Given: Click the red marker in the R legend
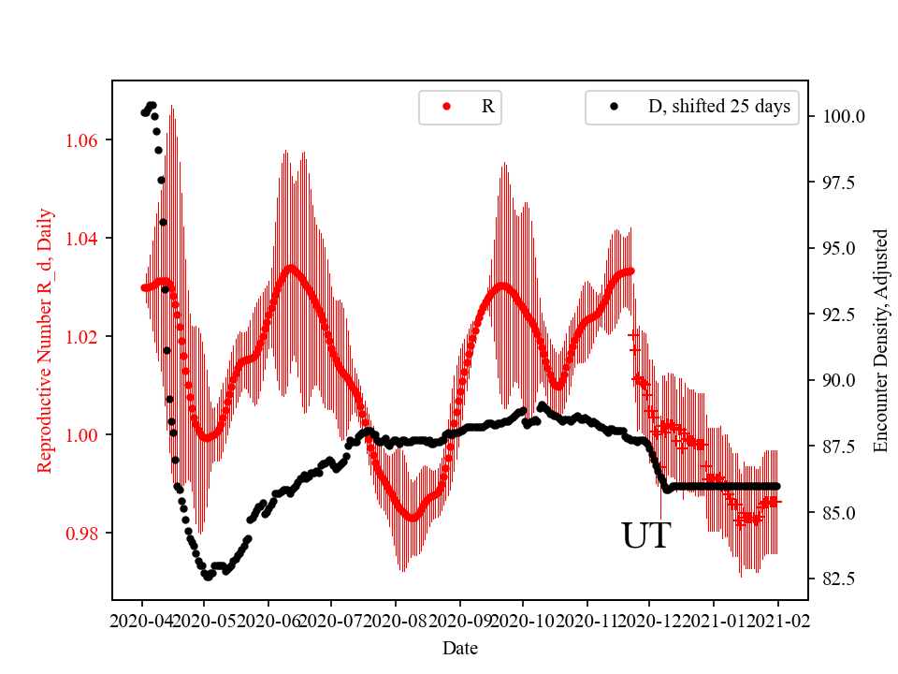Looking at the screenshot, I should coord(446,107).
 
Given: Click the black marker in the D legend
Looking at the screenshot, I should coord(614,107).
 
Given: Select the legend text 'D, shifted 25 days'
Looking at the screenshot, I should coord(718,107).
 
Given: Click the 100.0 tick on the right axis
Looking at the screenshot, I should coord(843,117).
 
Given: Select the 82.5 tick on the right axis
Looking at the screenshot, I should coord(839,579).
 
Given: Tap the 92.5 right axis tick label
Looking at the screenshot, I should coord(839,315).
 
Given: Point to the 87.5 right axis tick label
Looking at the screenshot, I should coord(839,447).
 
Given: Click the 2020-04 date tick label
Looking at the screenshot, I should coord(142,620).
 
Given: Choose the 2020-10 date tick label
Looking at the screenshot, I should coord(523,620).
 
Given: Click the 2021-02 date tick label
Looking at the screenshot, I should coord(777,620).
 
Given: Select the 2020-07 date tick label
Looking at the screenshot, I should coord(332,620).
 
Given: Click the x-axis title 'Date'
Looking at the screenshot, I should coord(459,647).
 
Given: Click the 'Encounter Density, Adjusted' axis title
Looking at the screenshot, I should coord(879,341).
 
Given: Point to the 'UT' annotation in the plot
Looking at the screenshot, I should coord(645,536).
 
